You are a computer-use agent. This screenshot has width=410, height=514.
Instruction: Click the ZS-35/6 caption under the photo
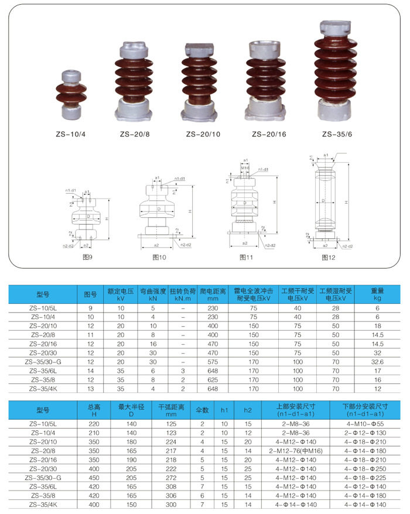point(337,134)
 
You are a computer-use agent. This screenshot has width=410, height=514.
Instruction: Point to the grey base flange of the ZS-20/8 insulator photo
point(136,109)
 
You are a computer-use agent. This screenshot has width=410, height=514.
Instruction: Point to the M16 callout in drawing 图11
point(245,167)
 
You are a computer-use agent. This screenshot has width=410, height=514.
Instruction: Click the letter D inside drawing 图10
point(156,208)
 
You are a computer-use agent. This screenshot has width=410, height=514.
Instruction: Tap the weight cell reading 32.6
point(377,362)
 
